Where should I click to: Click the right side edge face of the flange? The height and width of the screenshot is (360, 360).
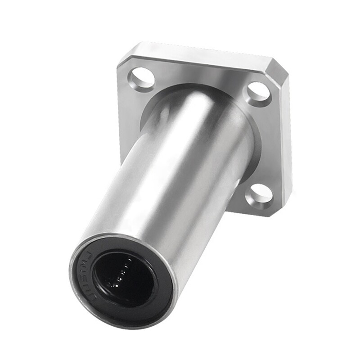pyautogui.click(x=288, y=144)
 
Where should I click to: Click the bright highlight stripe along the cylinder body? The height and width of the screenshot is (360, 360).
pyautogui.click(x=148, y=180)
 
